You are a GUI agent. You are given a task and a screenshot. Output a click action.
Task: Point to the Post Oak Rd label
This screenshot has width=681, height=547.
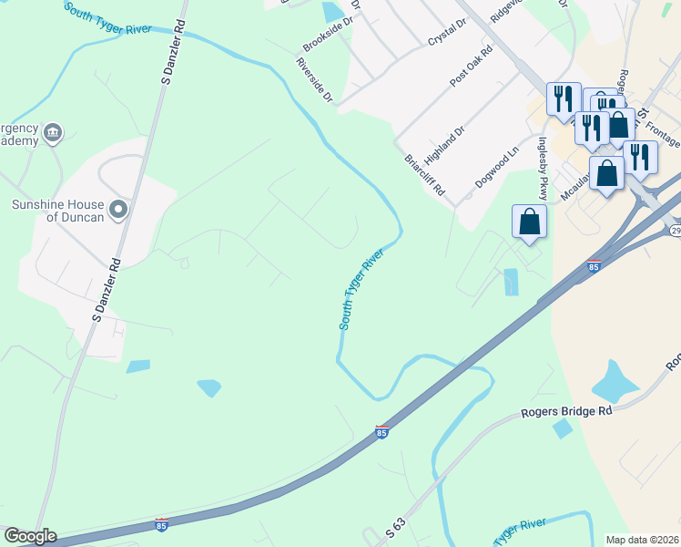tap(471, 67)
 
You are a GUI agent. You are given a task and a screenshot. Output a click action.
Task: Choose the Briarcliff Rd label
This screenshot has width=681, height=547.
tap(424, 174)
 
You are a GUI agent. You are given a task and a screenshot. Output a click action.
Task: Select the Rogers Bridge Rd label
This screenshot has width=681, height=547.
tap(566, 411)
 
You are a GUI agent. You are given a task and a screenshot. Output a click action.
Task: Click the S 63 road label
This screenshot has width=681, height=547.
tap(395, 526)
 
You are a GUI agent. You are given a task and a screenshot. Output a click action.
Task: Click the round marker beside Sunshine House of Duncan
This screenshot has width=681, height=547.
tap(117, 211)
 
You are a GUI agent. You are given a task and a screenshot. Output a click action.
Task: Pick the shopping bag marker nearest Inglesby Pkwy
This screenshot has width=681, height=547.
tap(530, 222)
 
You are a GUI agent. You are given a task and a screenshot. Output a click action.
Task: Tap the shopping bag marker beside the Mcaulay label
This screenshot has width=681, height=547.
tap(606, 172)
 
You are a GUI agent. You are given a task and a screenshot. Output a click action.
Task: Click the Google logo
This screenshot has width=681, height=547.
tap(30, 536)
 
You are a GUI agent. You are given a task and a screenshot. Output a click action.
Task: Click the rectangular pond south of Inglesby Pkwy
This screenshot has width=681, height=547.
tap(511, 282)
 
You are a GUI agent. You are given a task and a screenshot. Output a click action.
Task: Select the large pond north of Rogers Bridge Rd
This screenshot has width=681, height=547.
tap(615, 383)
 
